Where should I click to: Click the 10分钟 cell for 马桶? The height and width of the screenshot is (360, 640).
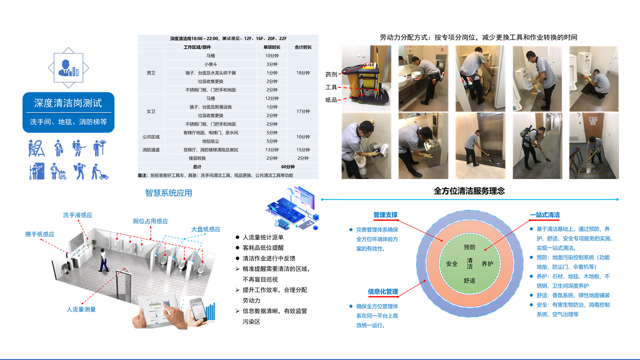pyautogui.click(x=271, y=55)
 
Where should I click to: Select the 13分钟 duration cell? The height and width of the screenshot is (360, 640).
pyautogui.click(x=271, y=149)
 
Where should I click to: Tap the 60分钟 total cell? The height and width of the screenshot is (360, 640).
pyautogui.click(x=288, y=166)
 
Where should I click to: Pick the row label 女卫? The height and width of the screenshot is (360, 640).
pyautogui.click(x=151, y=111)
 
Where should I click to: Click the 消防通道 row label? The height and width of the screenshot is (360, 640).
pyautogui.click(x=151, y=149)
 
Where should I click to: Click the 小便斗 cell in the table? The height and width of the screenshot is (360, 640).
pyautogui.click(x=210, y=64)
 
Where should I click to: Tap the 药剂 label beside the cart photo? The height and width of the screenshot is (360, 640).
pyautogui.click(x=331, y=74)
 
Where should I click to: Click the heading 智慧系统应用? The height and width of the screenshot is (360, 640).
pyautogui.click(x=168, y=193)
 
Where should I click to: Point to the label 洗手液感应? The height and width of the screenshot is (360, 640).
pyautogui.click(x=77, y=215)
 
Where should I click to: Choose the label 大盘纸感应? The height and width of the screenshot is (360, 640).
pyautogui.click(x=205, y=229)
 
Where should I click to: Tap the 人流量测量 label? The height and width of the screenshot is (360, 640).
pyautogui.click(x=81, y=309)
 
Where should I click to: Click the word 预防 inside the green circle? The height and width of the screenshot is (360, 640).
pyautogui.click(x=469, y=247)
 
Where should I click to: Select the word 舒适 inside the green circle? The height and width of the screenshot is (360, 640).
pyautogui.click(x=469, y=280)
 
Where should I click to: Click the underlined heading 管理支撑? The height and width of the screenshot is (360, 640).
pyautogui.click(x=385, y=215)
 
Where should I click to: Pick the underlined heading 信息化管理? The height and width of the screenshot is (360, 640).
pyautogui.click(x=383, y=291)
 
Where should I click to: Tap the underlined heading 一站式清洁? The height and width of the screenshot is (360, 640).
pyautogui.click(x=544, y=215)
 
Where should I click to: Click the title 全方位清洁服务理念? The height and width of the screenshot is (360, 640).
pyautogui.click(x=469, y=191)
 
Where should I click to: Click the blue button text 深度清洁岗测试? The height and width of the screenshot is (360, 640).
pyautogui.click(x=68, y=103)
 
